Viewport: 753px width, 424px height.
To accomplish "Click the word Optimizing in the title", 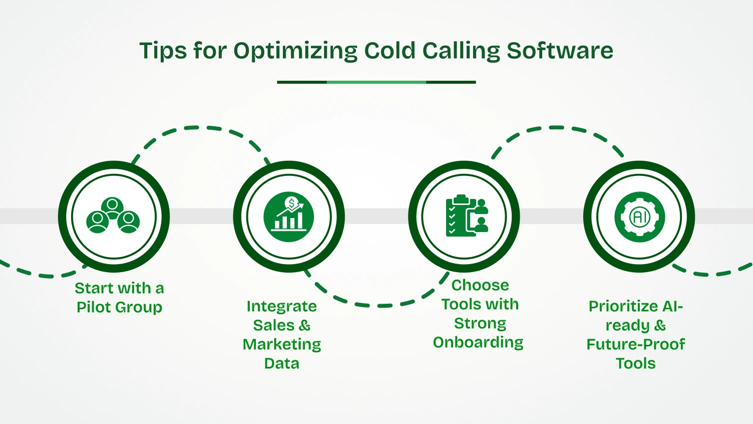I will point(295,51).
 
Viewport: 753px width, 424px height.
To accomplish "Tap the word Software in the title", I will point(560,51).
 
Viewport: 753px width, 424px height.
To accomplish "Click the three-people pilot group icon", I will point(113,216).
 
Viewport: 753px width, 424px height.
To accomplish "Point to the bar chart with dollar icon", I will point(289,217).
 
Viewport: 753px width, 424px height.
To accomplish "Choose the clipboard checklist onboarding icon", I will point(466,216).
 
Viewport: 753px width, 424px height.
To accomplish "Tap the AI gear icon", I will point(639,217).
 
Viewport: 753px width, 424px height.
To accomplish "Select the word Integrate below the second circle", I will point(281,306).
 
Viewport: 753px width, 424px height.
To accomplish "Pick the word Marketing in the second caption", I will point(282,345).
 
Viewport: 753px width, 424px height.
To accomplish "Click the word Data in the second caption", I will point(281,363).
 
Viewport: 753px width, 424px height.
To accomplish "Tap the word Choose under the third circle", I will point(480,285).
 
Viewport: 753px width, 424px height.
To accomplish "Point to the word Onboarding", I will point(478,342).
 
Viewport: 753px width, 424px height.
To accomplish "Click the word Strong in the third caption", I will point(480,324).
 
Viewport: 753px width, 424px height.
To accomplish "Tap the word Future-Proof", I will point(635,344).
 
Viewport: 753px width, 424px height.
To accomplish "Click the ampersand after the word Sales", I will point(304,325).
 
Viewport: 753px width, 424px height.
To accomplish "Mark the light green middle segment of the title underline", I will point(376,82).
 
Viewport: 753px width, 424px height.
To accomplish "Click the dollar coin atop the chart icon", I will point(291,203).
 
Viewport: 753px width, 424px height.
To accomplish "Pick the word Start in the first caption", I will point(94,288).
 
